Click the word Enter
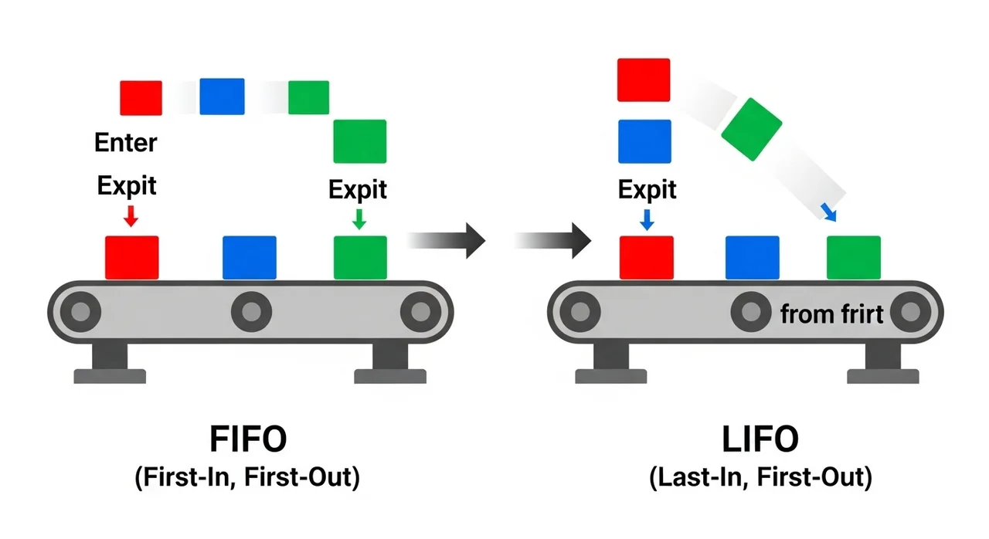125,143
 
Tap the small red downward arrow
131,215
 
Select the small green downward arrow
359,219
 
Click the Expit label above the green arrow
358,189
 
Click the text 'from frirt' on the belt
831,314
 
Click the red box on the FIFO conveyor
131,257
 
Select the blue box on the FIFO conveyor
250,257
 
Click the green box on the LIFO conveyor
853,257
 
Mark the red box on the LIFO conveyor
647,257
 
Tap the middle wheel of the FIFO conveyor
250,312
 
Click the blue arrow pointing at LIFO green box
828,212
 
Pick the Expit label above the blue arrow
647,189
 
